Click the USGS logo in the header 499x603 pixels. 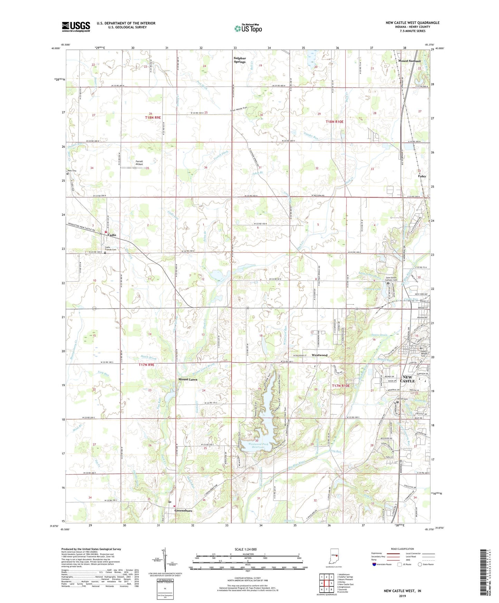tap(76, 27)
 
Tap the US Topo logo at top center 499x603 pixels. tap(248, 28)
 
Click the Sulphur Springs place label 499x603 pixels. tap(240, 60)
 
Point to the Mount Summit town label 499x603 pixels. tap(409, 61)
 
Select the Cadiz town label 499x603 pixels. tap(112, 235)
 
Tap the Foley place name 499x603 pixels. tap(422, 176)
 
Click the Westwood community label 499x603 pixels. tap(319, 355)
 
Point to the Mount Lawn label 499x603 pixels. tap(188, 380)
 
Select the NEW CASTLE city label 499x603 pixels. tap(407, 379)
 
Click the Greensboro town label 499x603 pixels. tap(183, 510)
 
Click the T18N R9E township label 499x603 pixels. tap(153, 118)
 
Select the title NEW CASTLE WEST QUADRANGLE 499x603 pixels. tap(412, 23)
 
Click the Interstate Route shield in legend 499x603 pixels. tap(375, 565)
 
